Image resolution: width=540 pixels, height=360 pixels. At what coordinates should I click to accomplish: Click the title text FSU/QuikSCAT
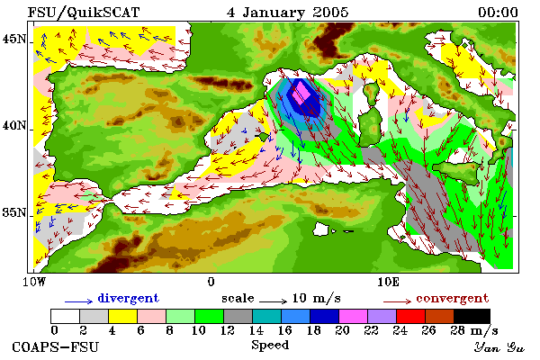pyautogui.click(x=84, y=13)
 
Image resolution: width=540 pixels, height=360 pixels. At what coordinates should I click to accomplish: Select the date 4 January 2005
pyautogui.click(x=288, y=13)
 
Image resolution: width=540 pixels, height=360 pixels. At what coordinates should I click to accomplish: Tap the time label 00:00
pyautogui.click(x=498, y=13)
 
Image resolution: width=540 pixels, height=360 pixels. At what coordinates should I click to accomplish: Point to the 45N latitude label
pyautogui.click(x=13, y=39)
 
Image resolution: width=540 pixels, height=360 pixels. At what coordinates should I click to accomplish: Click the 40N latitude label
pyautogui.click(x=13, y=125)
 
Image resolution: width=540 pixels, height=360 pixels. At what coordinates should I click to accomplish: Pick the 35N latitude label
pyautogui.click(x=13, y=212)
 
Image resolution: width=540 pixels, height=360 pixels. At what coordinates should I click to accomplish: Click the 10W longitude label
pyautogui.click(x=34, y=282)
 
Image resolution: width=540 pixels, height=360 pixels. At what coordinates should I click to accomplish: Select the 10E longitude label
pyautogui.click(x=388, y=282)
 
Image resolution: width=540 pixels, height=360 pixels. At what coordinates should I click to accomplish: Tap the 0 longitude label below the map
pyautogui.click(x=211, y=282)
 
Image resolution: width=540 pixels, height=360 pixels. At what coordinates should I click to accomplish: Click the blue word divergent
pyautogui.click(x=129, y=298)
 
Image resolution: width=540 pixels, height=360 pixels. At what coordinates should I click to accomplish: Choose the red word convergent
pyautogui.click(x=453, y=298)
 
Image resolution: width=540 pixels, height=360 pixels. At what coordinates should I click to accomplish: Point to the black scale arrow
pyautogui.click(x=273, y=301)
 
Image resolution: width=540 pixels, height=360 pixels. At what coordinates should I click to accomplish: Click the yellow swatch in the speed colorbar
pyautogui.click(x=122, y=316)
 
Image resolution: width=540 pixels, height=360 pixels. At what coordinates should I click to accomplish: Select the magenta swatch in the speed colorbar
pyautogui.click(x=354, y=316)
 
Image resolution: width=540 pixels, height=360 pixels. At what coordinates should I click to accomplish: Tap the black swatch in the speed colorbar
pyautogui.click(x=472, y=316)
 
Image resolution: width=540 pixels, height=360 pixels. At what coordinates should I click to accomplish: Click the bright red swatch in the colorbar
pyautogui.click(x=411, y=316)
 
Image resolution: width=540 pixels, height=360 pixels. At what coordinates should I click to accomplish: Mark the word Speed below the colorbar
pyautogui.click(x=270, y=346)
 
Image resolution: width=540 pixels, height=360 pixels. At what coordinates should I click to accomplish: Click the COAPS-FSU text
pyautogui.click(x=56, y=346)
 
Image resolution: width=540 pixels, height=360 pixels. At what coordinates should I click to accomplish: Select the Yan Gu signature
pyautogui.click(x=499, y=347)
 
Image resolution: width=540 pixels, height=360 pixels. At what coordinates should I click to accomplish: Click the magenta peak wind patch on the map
pyautogui.click(x=301, y=93)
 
